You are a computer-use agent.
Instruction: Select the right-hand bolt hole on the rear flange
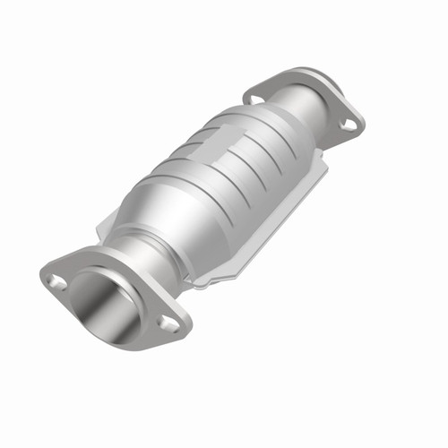click(346, 125)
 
